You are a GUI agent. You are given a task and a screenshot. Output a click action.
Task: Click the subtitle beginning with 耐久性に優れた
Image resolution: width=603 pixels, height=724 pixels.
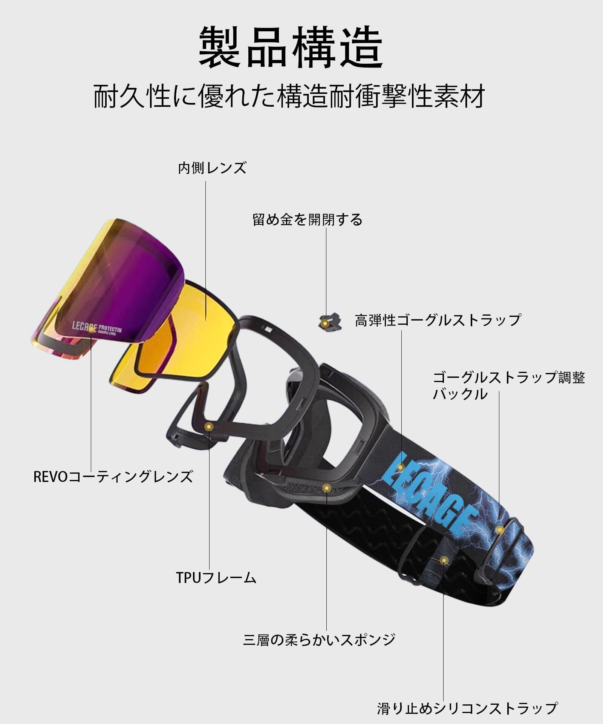point(289,97)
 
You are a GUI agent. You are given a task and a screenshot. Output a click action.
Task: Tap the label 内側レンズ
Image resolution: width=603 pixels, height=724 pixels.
point(212,168)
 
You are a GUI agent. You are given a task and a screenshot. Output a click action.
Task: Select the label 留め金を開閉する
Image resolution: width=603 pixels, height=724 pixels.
point(307,220)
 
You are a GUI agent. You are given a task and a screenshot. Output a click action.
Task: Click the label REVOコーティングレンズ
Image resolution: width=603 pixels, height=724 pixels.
point(113,476)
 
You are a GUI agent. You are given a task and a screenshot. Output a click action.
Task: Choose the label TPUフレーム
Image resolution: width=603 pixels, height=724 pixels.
point(216,577)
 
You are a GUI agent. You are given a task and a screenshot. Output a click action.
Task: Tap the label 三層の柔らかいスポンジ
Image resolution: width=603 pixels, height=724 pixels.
point(319,640)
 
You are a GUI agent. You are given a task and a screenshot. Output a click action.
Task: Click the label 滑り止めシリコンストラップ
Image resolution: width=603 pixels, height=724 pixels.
point(467,708)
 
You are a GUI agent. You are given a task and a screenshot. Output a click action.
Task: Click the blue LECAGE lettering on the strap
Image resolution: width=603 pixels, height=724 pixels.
point(430,490)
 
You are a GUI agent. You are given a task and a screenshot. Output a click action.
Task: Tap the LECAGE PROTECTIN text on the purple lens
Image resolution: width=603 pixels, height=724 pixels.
point(97,328)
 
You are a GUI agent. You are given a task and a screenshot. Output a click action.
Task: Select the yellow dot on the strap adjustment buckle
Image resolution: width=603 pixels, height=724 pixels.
point(500,530)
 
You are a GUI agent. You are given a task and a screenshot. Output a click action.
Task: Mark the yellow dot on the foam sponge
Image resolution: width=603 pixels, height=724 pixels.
point(327,488)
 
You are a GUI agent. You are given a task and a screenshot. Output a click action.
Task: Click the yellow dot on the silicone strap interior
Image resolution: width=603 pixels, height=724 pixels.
point(444,560)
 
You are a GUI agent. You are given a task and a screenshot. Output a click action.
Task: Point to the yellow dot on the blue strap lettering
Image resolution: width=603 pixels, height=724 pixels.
point(401,467)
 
